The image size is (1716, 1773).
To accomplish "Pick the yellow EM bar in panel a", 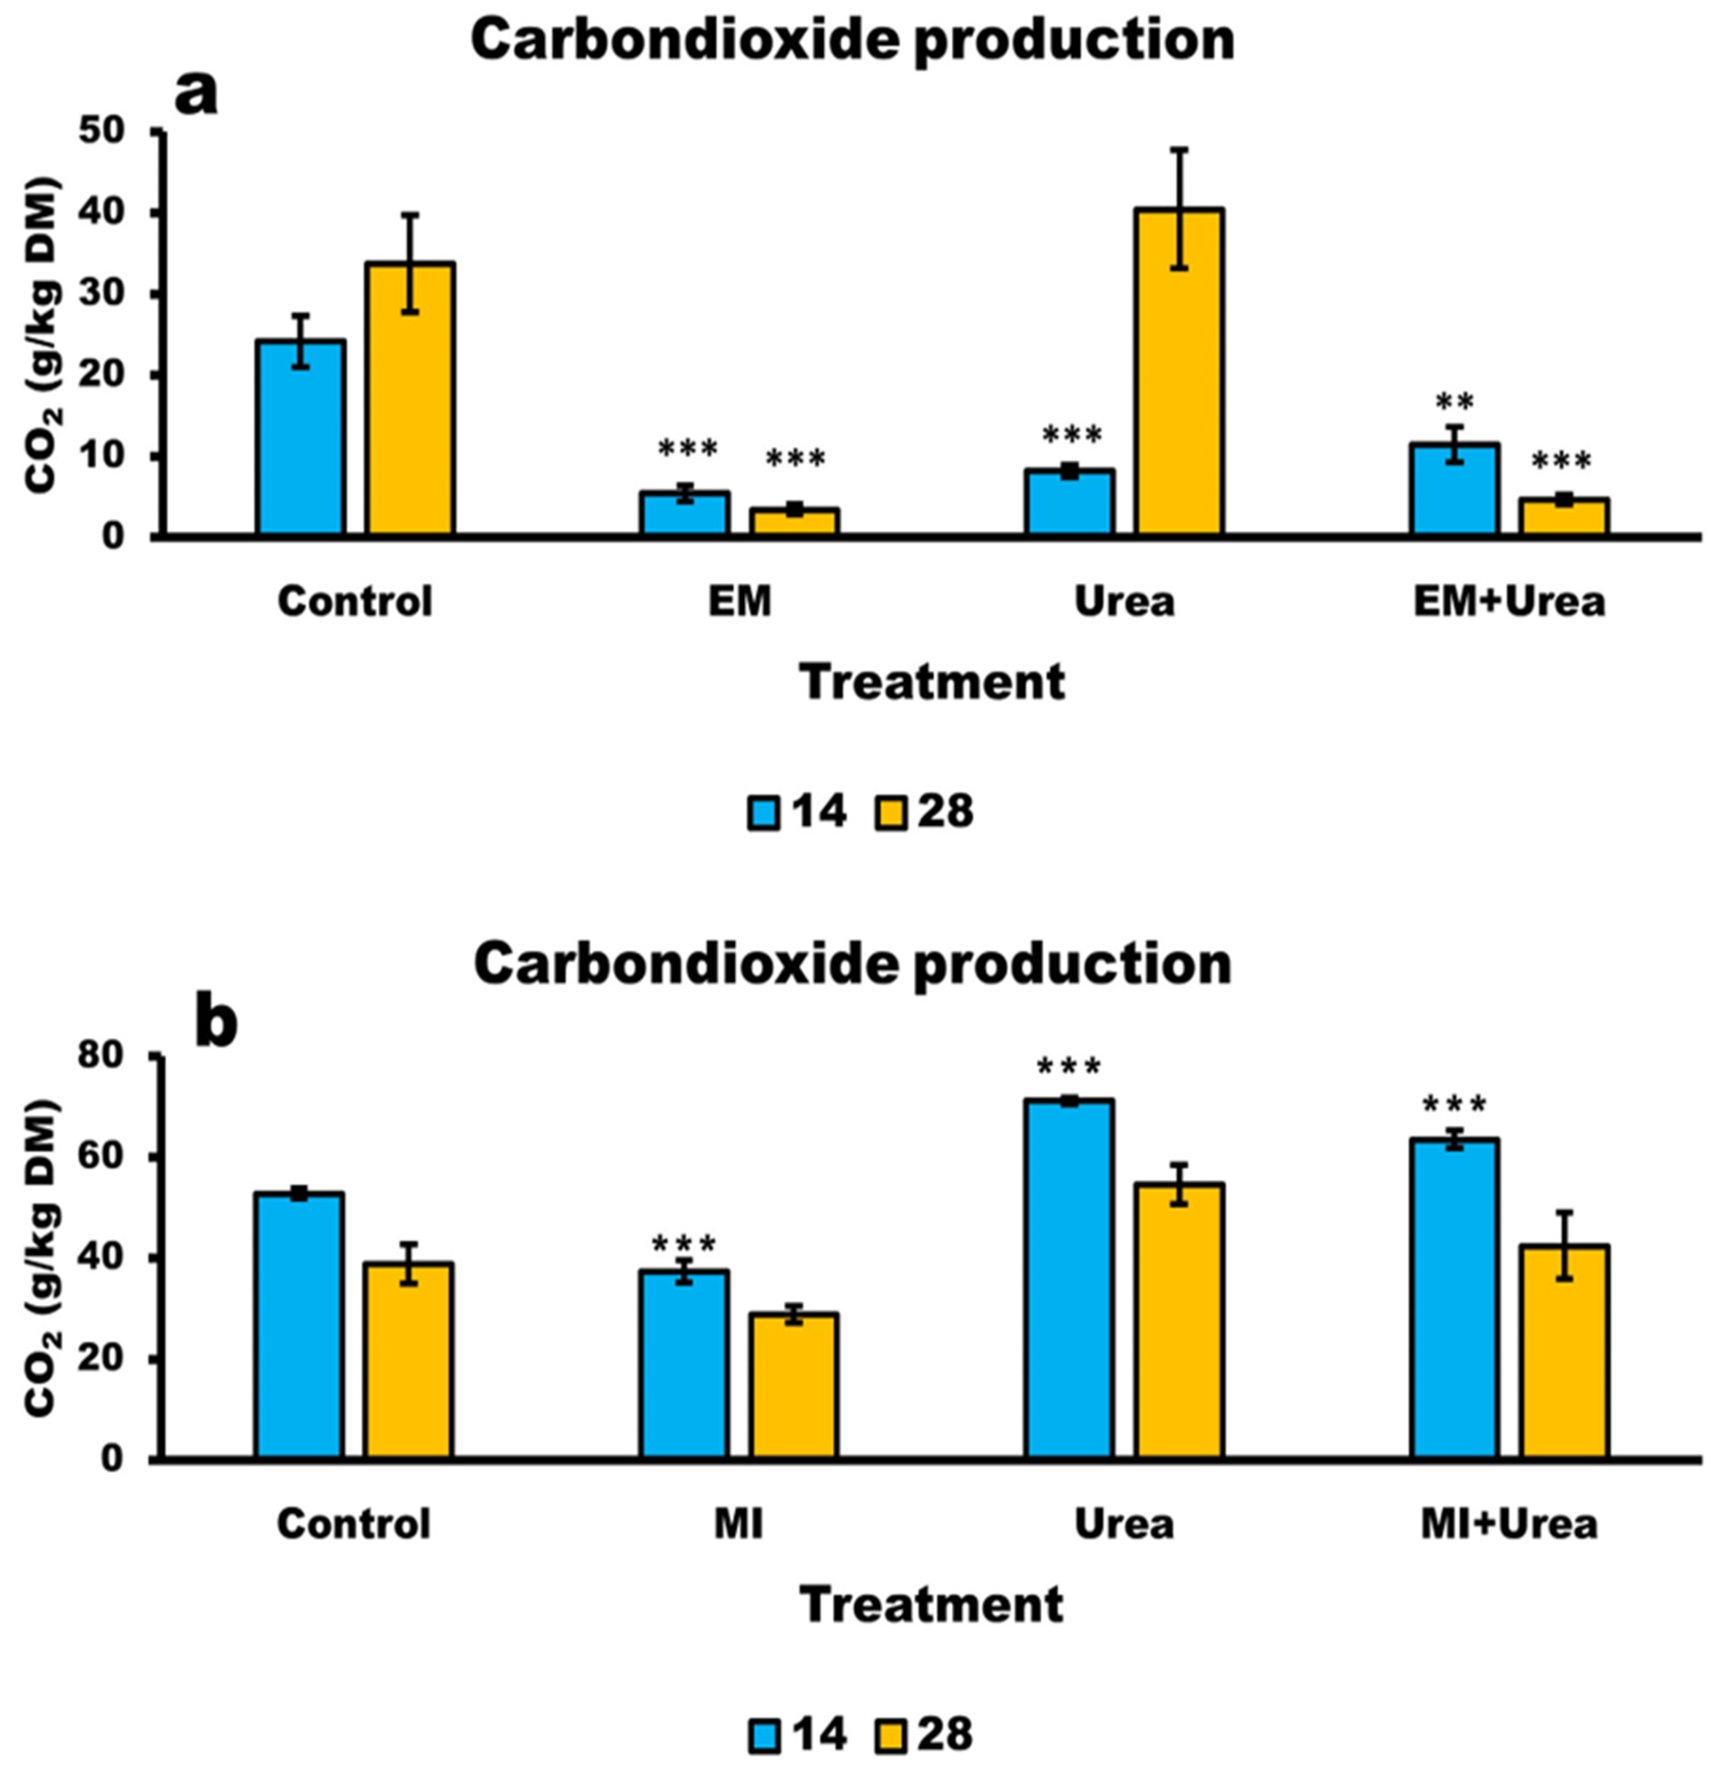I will [x=794, y=522].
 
